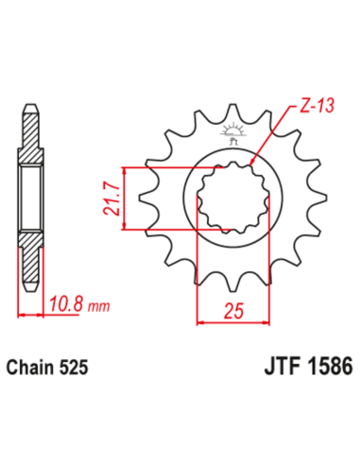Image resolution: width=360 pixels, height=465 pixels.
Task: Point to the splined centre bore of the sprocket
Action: pos(231,198)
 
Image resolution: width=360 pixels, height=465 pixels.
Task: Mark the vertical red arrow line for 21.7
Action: pos(124,198)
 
